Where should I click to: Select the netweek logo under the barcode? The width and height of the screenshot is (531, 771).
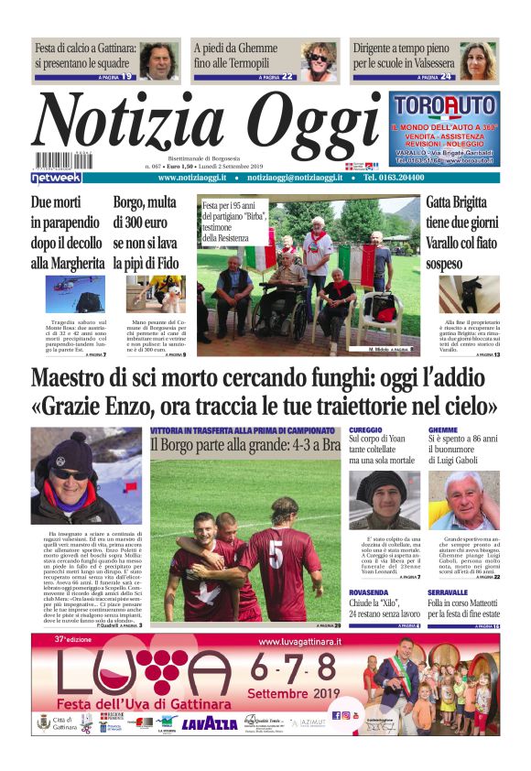(x=56, y=178)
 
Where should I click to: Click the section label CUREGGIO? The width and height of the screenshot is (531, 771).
(x=366, y=429)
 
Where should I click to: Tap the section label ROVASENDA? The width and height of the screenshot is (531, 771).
(x=370, y=592)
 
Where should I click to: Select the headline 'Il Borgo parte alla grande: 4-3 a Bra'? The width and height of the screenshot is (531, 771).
(x=244, y=445)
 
